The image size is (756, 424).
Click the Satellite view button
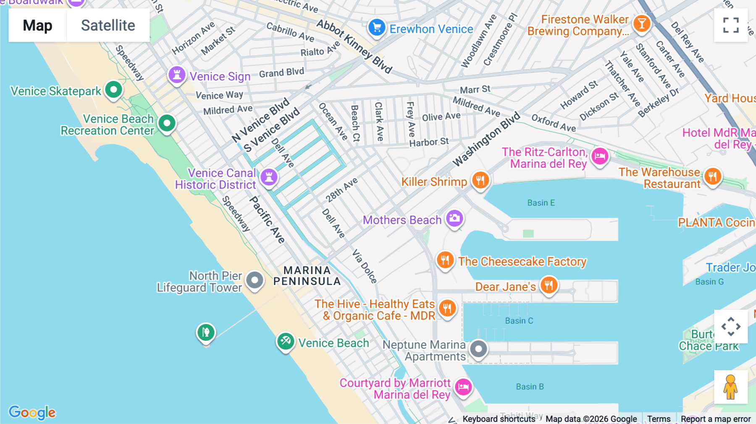pos(108,25)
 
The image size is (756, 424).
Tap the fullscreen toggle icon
pos(731,25)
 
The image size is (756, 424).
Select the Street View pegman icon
pos(731,387)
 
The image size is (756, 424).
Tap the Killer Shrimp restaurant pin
pos(480,181)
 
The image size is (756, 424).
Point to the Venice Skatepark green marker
pos(113,89)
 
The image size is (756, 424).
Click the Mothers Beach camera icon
pos(454,218)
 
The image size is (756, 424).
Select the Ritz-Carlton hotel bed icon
pos(600,156)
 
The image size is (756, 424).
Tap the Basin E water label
pos(541,203)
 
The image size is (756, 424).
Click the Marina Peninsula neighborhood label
pos(307,276)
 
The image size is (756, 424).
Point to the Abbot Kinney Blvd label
pos(354,46)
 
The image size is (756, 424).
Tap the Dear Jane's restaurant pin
pos(549,285)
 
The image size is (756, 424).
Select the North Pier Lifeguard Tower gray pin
pos(255,280)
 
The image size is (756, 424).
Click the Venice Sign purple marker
pos(177,75)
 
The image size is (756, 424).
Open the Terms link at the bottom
pos(659,419)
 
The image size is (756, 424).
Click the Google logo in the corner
pos(32,412)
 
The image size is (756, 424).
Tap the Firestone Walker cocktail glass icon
pos(641,24)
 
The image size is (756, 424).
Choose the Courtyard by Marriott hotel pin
pos(463,387)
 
